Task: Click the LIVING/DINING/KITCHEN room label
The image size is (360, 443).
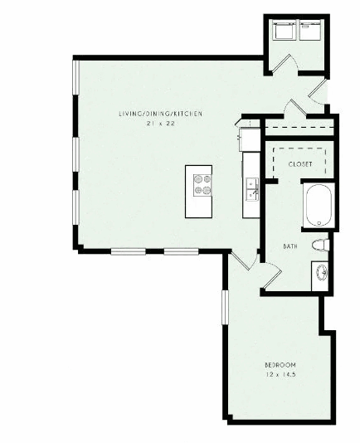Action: coord(160,114)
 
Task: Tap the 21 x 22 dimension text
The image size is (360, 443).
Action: coord(161,124)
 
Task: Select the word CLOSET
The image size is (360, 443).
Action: coord(300,164)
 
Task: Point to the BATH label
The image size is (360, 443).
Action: coord(290,246)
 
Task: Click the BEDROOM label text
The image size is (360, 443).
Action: coord(280,365)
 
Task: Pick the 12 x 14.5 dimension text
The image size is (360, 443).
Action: coord(280,375)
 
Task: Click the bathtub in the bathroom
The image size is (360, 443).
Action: coord(319,206)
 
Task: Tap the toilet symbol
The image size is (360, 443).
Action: coord(321,245)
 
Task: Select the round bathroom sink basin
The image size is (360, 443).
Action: coord(322,273)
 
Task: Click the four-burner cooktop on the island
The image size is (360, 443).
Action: coord(202,185)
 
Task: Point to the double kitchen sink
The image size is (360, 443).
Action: coord(252,189)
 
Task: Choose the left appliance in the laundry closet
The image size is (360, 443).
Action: coord(285,30)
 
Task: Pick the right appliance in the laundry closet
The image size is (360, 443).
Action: coord(310,30)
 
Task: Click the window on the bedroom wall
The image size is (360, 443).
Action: coord(225,307)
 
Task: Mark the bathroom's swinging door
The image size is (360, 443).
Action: coord(271,275)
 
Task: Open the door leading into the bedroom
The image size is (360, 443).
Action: coord(245,260)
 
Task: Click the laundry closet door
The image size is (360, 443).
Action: coord(284,64)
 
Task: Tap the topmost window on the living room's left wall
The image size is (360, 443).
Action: coord(76,77)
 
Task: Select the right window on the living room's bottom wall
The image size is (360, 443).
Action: coord(181,251)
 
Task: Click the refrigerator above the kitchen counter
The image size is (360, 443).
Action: coord(250,139)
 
